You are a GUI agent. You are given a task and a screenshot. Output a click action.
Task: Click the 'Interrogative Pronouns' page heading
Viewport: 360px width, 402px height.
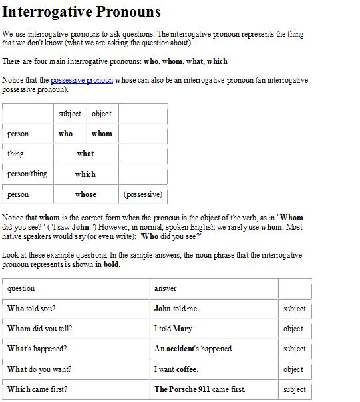[x=81, y=12]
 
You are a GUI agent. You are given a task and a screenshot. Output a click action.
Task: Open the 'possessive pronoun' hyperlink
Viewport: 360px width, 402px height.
[x=82, y=81]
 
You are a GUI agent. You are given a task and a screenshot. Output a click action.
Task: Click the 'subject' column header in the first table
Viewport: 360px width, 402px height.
[x=70, y=114]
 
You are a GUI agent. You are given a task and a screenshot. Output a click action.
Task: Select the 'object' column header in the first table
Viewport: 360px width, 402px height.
[x=102, y=114]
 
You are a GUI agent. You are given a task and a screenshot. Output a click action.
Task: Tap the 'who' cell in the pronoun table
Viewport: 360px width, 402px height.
[x=66, y=134]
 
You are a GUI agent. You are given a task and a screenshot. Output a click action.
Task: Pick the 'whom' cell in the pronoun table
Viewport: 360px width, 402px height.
[x=102, y=134]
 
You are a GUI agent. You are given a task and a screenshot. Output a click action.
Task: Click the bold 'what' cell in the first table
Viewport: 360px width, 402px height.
[x=86, y=154]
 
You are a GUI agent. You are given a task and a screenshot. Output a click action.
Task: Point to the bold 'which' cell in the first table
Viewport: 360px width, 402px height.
[x=86, y=174]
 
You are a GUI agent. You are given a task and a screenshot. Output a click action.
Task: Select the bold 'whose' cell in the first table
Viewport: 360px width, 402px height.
[x=86, y=194]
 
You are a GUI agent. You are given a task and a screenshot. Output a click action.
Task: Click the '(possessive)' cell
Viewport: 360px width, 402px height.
[x=142, y=194]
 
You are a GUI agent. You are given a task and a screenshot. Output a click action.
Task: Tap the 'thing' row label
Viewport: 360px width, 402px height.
[x=15, y=154]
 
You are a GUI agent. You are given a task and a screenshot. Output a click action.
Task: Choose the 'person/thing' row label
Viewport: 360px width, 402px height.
[x=27, y=174]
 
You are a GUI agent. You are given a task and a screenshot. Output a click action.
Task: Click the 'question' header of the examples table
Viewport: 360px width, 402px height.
[x=21, y=288]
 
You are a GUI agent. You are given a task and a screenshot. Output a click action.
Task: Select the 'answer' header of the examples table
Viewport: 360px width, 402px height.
[x=166, y=288]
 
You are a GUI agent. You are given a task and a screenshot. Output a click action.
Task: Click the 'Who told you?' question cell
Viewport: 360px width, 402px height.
[x=31, y=309]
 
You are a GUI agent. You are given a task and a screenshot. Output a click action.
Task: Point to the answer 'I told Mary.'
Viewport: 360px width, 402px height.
[x=174, y=329]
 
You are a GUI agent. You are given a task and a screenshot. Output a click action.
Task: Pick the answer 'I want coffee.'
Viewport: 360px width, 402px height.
[x=176, y=369]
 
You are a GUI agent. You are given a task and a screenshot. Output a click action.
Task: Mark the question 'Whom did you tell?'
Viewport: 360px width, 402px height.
[x=40, y=329]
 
